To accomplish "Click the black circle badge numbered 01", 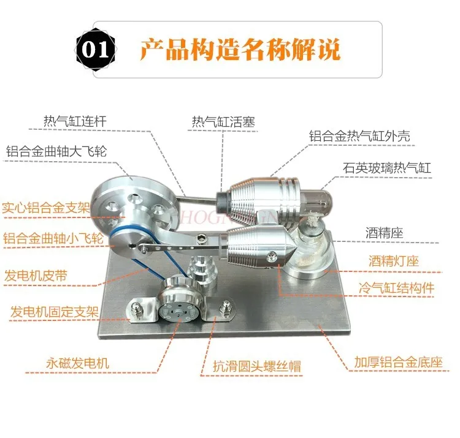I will [95, 49].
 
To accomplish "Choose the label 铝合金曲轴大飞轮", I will [56, 151].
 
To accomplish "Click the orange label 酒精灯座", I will [394, 261].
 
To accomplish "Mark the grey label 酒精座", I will [388, 233].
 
